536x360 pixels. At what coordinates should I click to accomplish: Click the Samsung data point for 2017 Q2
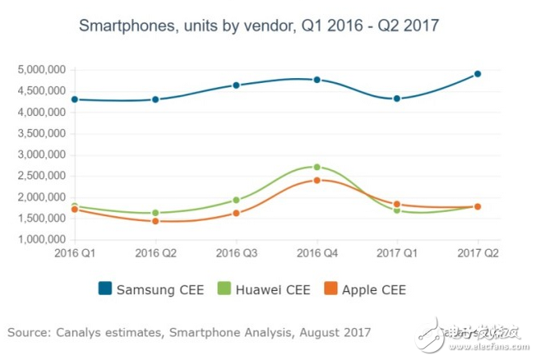pos(478,74)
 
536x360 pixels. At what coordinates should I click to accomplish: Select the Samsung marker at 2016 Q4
pos(317,80)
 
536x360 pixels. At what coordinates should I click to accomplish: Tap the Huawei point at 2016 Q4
pos(317,167)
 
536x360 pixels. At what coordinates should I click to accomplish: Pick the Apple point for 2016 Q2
pos(155,221)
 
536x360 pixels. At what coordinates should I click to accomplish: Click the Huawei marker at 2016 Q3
pos(237,200)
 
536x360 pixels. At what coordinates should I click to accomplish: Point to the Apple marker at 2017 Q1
pos(397,204)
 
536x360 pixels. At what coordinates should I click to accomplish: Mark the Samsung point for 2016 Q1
pos(75,99)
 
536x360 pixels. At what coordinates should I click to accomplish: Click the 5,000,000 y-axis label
pos(40,69)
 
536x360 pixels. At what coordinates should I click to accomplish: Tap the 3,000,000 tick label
pos(40,155)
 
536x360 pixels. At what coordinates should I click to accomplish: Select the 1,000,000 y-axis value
pos(40,240)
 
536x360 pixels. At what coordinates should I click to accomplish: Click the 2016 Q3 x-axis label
pos(237,253)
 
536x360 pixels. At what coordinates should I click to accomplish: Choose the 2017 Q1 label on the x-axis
pos(397,253)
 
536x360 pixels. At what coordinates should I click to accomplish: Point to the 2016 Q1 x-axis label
pos(75,253)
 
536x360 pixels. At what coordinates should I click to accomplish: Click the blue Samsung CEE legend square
pos(104,289)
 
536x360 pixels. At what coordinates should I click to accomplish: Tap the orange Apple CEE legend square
pos(329,289)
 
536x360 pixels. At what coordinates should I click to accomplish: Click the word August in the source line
pos(318,333)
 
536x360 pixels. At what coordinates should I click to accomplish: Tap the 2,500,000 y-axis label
pos(40,176)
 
